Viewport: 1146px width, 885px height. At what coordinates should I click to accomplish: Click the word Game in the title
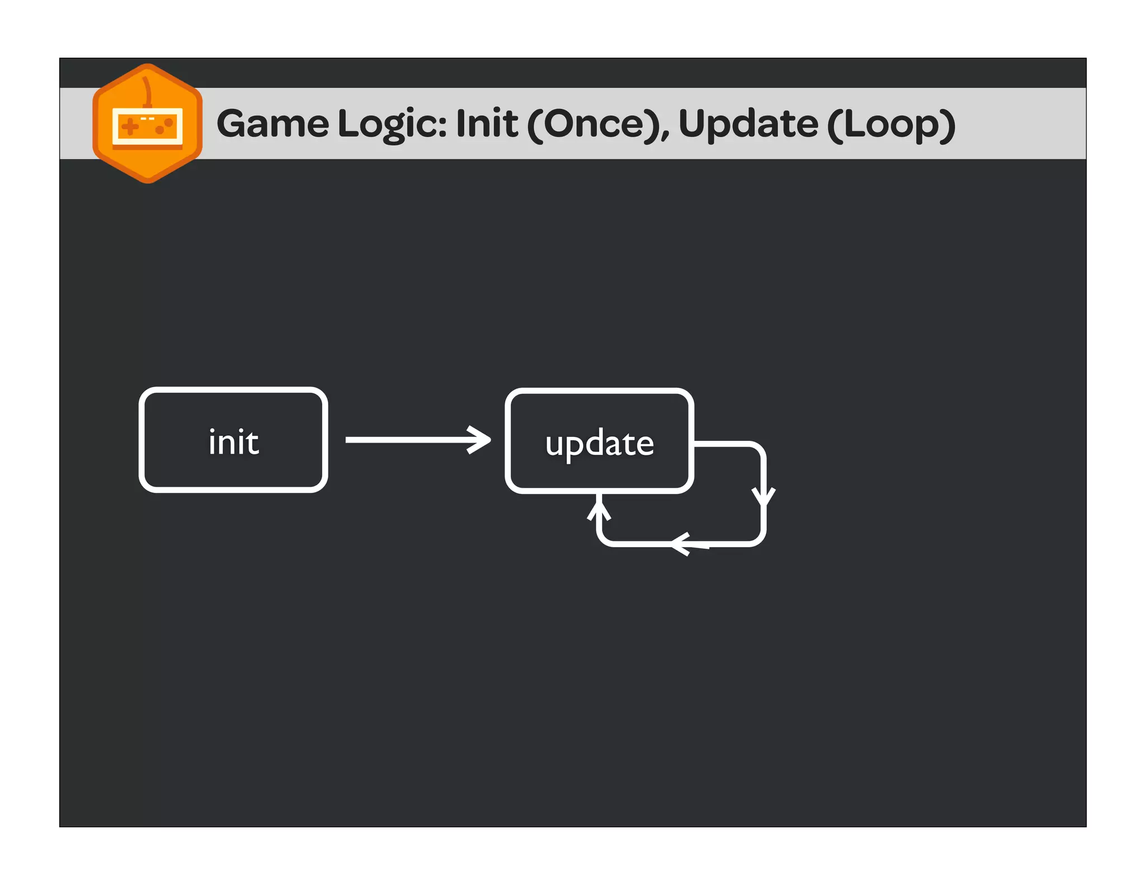pos(273,124)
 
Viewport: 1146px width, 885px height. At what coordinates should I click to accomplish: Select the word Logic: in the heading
pos(392,124)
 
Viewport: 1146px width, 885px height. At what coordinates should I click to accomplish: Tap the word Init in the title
pos(487,124)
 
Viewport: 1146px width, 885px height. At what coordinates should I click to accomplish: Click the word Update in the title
pos(748,124)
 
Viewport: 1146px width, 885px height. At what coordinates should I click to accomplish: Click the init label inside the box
pos(233,442)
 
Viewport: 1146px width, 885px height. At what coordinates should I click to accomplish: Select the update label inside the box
pos(599,444)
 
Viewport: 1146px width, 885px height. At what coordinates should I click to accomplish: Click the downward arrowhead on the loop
pos(763,497)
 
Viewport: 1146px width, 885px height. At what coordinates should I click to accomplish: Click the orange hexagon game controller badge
pos(147,124)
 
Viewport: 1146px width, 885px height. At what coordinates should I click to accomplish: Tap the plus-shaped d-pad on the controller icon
pos(130,126)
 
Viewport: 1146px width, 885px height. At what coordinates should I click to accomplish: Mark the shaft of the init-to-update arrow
pos(408,440)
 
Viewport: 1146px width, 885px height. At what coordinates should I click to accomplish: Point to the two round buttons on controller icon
pos(164,126)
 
